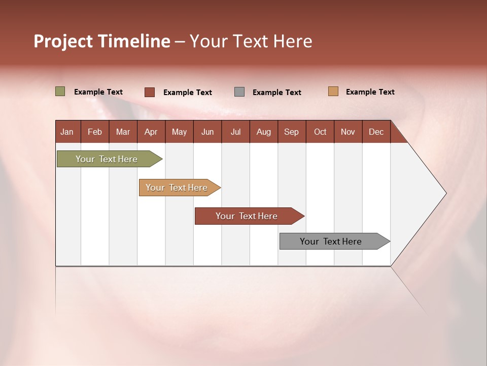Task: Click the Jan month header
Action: pos(67,132)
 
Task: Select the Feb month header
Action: pos(95,132)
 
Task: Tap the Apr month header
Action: pos(151,132)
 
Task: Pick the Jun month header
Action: pos(207,132)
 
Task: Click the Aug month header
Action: pos(264,132)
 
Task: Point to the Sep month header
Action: pos(292,132)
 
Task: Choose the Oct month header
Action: pos(320,132)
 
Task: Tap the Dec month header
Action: pos(376,132)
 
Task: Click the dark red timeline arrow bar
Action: pos(247,216)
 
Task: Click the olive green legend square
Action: pos(60,91)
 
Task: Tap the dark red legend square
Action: pos(150,92)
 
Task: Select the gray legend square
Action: pos(239,92)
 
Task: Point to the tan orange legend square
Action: pos(333,91)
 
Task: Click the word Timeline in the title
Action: pos(134,41)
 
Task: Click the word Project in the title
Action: pos(63,41)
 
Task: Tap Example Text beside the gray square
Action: pos(277,93)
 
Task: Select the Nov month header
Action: pos(348,132)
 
